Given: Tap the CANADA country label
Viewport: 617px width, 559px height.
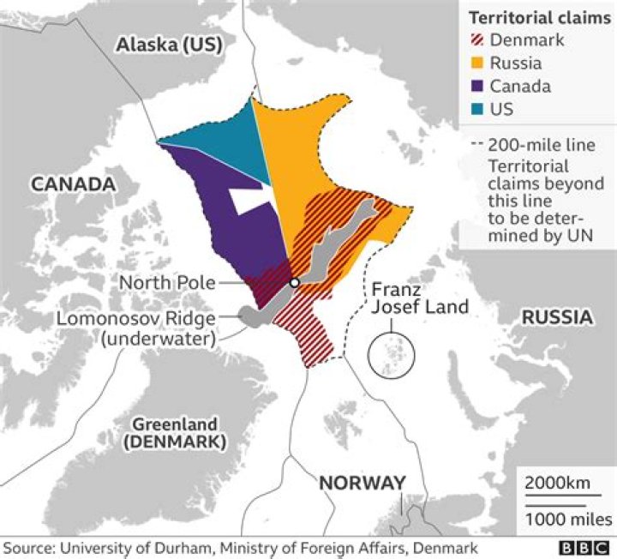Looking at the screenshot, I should (73, 184).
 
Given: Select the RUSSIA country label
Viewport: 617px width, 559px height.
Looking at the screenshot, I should (558, 317).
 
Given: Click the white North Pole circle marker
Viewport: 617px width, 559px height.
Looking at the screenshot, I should (294, 282).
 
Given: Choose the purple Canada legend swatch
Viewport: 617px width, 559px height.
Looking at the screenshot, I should (477, 87).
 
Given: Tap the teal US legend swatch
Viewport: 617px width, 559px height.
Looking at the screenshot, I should (477, 110).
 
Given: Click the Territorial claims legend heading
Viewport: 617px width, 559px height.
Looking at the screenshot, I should (533, 17).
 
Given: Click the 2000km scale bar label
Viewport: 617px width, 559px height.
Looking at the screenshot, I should (557, 483).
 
